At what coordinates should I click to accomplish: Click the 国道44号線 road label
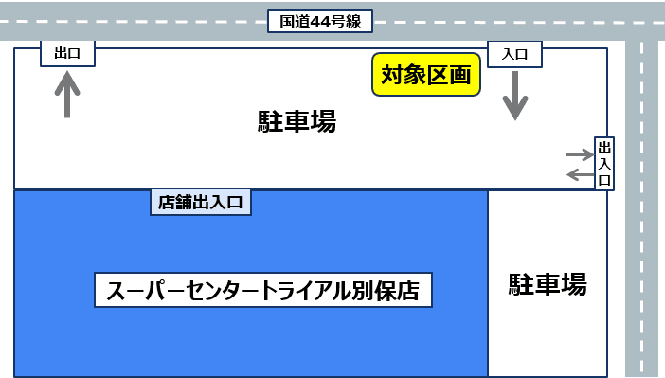(320, 20)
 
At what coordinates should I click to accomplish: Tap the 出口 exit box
(67, 54)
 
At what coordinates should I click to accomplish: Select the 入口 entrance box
(514, 54)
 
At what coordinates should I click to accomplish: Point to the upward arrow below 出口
(67, 94)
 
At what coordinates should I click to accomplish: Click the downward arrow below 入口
(514, 95)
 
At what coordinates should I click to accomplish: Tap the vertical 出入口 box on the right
(604, 163)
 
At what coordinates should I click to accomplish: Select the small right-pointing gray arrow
(578, 153)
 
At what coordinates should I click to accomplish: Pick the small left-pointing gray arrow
(578, 173)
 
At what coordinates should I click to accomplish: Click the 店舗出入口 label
(201, 201)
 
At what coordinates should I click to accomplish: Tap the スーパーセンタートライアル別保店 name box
(263, 289)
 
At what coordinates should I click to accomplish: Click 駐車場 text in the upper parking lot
(297, 121)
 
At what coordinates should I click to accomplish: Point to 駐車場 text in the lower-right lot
(548, 283)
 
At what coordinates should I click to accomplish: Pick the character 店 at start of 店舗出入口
(167, 201)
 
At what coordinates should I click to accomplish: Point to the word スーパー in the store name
(141, 289)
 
